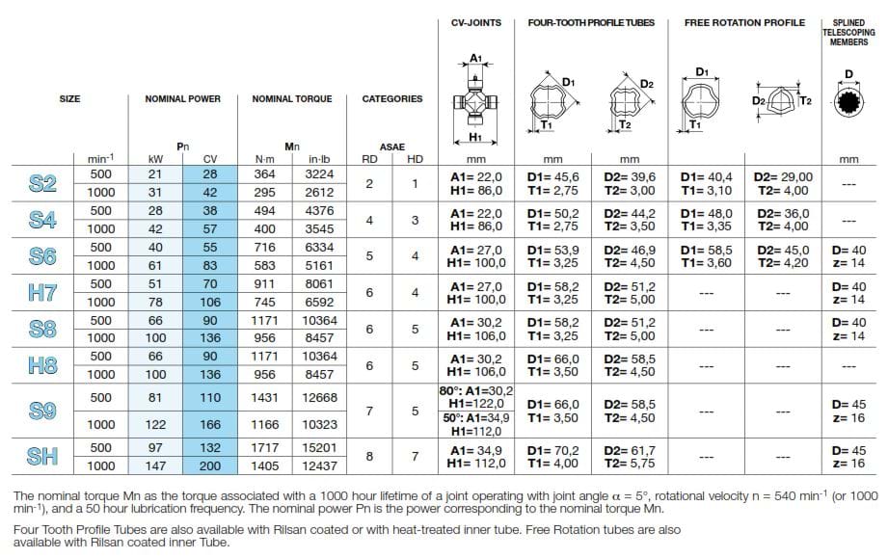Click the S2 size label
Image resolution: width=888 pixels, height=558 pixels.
coord(42,183)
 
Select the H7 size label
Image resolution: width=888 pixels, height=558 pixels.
coord(42,293)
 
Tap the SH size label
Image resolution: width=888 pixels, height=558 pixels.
coord(42,457)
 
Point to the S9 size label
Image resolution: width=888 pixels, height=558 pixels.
coord(42,411)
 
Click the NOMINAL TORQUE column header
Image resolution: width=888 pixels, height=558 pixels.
coord(291,98)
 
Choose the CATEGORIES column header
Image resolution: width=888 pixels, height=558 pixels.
coord(391,98)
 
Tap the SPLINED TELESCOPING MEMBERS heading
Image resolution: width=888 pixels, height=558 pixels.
coord(848,31)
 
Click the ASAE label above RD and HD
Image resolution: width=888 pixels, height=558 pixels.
coord(391,146)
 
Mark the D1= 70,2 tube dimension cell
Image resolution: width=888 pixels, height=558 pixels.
coord(552,449)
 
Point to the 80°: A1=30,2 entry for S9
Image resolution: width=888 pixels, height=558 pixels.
coord(477,389)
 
